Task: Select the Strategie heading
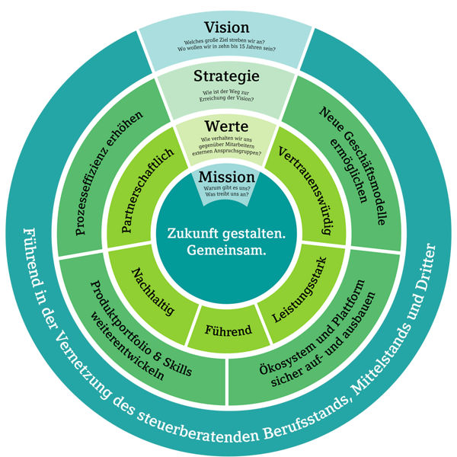227,77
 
